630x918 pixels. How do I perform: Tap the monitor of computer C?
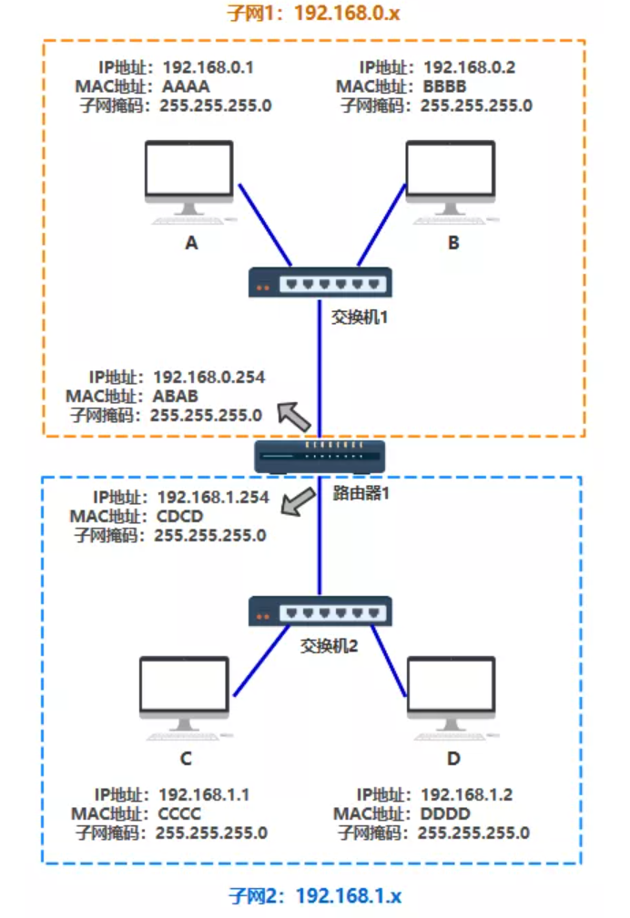(185, 686)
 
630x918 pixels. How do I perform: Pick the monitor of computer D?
(452, 686)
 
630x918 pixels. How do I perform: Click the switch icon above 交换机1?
(320, 283)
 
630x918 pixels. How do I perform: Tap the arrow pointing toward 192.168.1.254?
(296, 501)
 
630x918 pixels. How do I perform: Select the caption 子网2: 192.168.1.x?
(314, 896)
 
